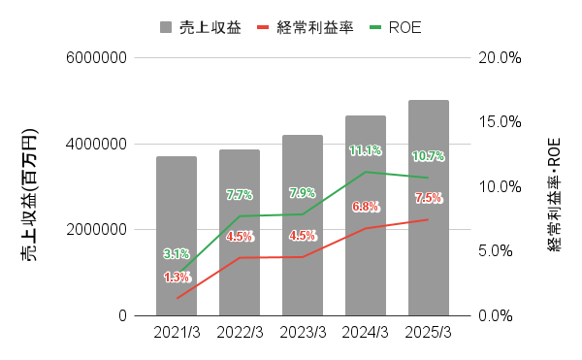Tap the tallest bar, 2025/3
[x=428, y=208]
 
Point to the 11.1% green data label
[x=366, y=151]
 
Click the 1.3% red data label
[x=177, y=278]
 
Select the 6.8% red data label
[x=366, y=207]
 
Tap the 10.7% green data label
[x=428, y=156]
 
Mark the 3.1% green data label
[x=177, y=254]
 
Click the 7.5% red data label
[x=428, y=198]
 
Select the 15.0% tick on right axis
[x=501, y=122]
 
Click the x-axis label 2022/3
[x=240, y=333]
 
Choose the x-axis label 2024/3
[x=366, y=333]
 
